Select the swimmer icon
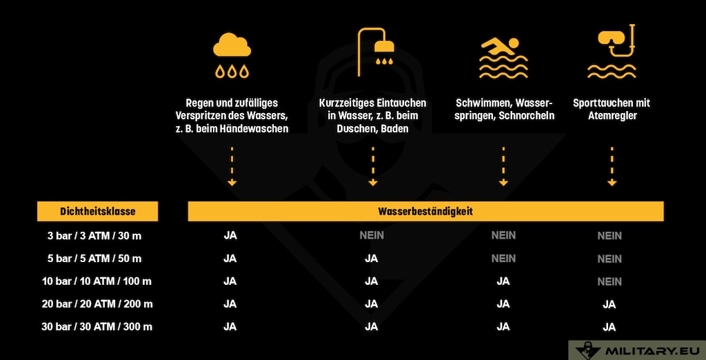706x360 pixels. point(503,54)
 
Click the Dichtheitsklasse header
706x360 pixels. point(97,212)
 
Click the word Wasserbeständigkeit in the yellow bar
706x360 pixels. point(425,212)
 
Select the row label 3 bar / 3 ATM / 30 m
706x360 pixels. point(94,236)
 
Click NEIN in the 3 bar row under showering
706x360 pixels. point(372,235)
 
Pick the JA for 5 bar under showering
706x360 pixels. point(372,259)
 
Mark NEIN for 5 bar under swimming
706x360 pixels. point(503,259)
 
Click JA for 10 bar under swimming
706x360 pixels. point(503,281)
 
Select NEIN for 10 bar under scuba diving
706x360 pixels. point(609,281)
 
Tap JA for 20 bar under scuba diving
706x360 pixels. point(609,304)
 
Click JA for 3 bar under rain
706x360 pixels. point(230,235)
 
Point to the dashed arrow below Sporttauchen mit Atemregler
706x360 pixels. point(612,166)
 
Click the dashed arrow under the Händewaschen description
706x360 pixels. point(232,166)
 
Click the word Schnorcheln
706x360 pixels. point(531,116)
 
